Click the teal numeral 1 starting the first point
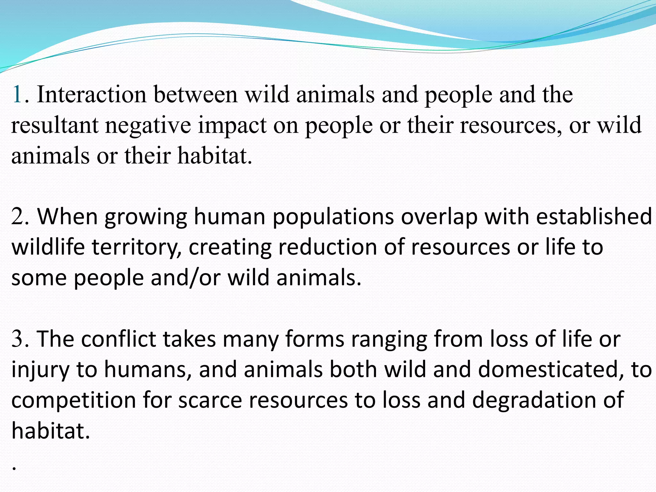pos(17,95)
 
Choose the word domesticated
pos(551,370)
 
